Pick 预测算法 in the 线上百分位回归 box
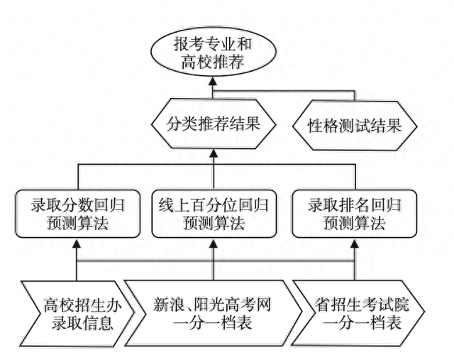click(x=213, y=223)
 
